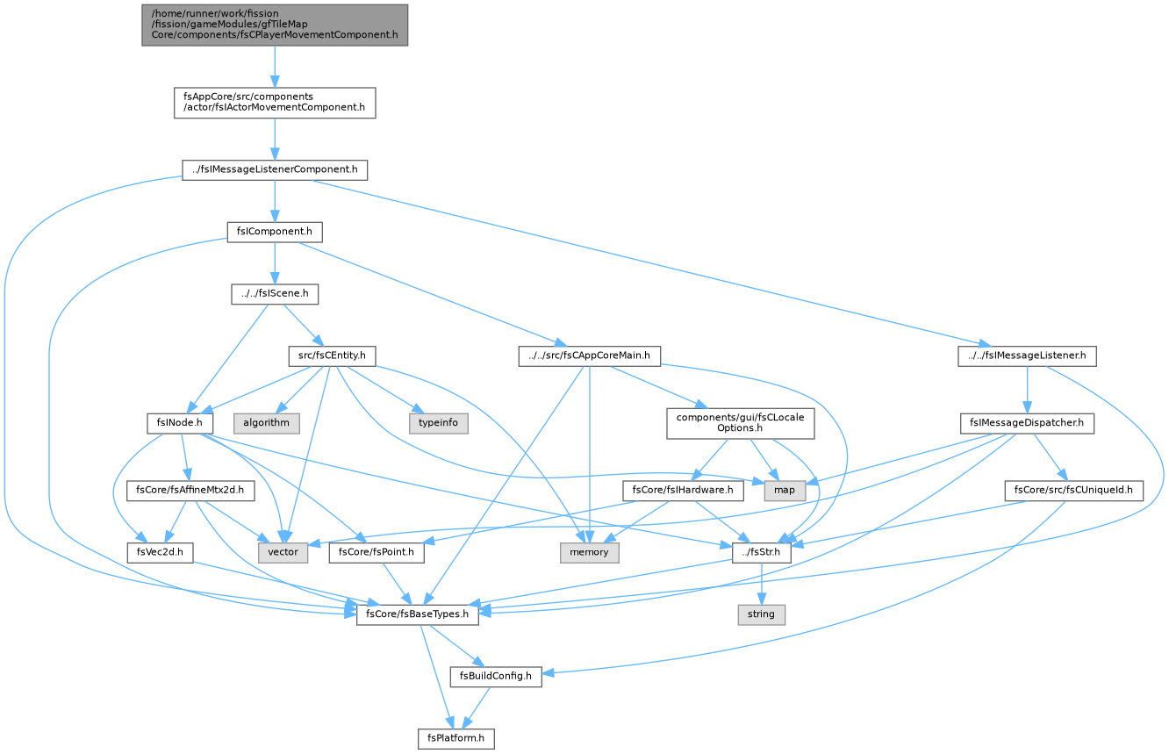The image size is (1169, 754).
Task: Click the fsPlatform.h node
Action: [455, 738]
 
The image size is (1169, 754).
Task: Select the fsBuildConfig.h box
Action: [496, 676]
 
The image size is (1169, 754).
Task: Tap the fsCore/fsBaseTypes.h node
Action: [418, 614]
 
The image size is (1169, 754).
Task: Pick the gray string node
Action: [762, 614]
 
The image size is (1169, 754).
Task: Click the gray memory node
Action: [590, 552]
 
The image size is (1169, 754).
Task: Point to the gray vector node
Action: [283, 552]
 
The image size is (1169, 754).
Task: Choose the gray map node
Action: [785, 490]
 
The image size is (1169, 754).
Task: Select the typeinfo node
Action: [439, 423]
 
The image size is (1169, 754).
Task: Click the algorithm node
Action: [266, 423]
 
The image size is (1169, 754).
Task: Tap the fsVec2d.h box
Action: [160, 552]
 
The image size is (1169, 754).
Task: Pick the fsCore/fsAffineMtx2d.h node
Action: [190, 490]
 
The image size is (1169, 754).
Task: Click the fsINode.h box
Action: [180, 423]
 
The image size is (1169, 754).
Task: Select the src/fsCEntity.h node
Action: [333, 355]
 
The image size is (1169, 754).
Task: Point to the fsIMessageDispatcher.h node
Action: [1027, 423]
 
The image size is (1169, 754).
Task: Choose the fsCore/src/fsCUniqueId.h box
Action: [1074, 490]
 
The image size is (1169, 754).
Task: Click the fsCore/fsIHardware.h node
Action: [683, 490]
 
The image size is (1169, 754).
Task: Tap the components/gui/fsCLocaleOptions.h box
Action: [741, 423]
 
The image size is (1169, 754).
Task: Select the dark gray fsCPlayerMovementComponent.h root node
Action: [275, 25]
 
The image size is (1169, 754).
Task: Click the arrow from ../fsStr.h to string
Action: [762, 584]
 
